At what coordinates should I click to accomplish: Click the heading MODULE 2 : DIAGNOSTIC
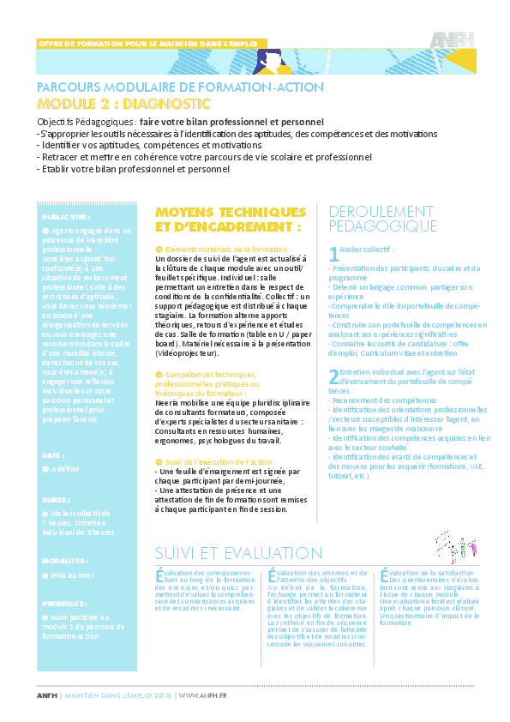point(123,104)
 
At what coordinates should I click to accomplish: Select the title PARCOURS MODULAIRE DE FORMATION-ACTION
point(180,87)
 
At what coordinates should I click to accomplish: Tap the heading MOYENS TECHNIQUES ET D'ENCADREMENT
point(230,220)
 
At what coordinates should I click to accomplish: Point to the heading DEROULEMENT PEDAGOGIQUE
point(382,219)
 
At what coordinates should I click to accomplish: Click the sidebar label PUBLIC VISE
point(66,219)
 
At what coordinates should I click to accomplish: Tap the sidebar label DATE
point(52,455)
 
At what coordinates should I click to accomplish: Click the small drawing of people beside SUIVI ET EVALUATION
point(455,545)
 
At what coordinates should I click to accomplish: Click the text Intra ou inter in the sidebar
point(70,575)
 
